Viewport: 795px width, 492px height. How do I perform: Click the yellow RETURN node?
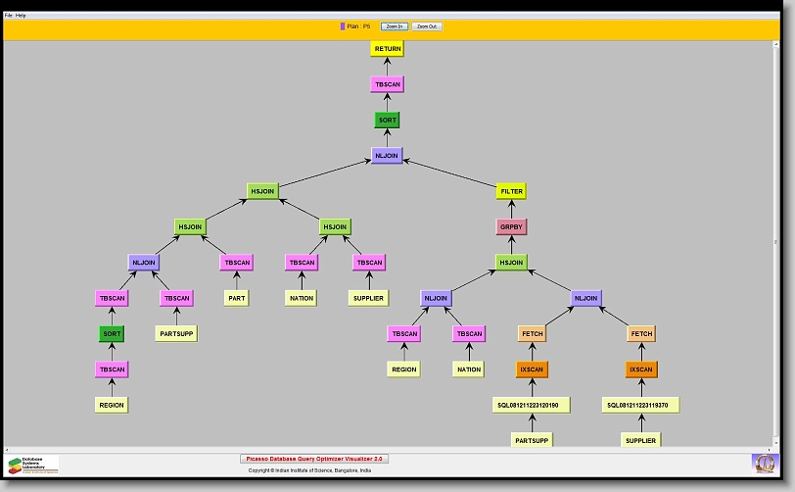click(x=388, y=49)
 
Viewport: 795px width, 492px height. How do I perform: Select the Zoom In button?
click(x=395, y=26)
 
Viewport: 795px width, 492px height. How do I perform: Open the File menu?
click(x=9, y=16)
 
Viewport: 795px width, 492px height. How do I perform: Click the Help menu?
click(x=22, y=16)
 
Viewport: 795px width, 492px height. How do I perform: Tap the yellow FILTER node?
click(x=511, y=191)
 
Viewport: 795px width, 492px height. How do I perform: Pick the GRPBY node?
click(x=511, y=226)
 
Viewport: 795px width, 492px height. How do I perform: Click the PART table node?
click(x=237, y=298)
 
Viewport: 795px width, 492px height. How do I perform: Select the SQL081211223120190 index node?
click(x=532, y=405)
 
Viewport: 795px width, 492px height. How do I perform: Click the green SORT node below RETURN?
click(x=388, y=121)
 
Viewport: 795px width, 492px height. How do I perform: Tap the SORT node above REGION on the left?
click(x=112, y=333)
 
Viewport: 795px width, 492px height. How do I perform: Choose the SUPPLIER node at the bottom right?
click(x=640, y=441)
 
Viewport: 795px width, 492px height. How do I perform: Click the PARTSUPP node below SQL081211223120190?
click(x=532, y=441)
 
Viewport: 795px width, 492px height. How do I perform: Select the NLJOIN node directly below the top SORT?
click(x=388, y=156)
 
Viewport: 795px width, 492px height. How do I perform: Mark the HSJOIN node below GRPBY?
click(x=511, y=263)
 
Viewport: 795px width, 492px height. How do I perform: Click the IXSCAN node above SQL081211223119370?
click(x=640, y=369)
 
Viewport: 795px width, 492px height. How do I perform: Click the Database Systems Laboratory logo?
click(x=33, y=464)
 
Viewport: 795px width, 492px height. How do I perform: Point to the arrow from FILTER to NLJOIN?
click(x=451, y=173)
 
